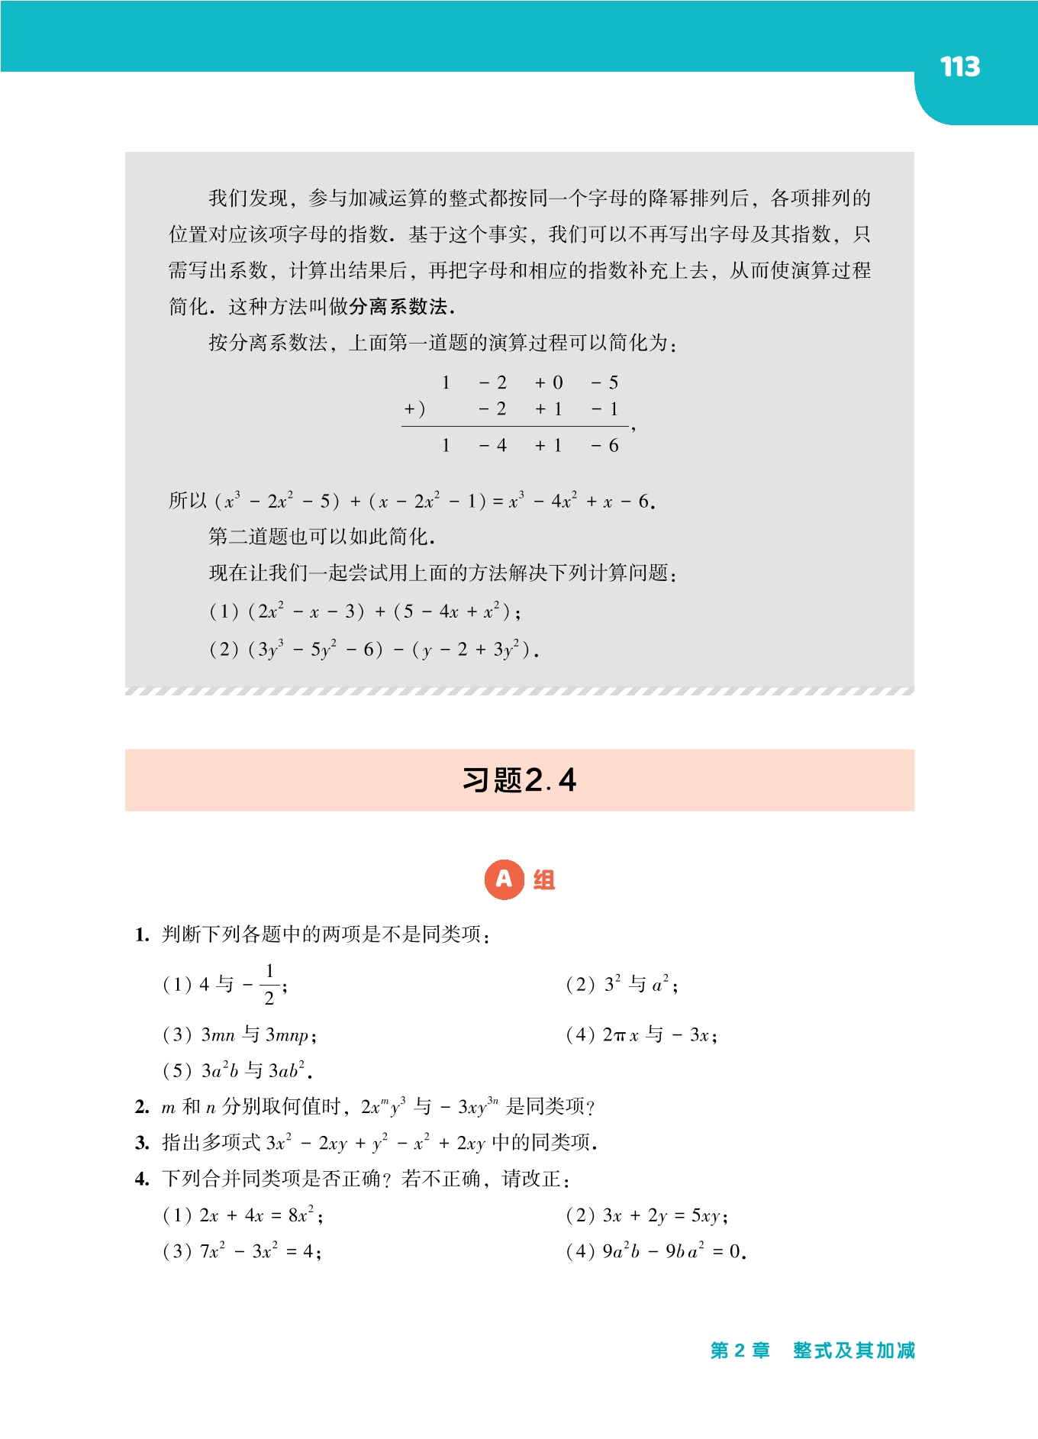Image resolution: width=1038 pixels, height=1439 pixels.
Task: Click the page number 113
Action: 959,67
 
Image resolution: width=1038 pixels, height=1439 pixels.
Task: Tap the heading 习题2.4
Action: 519,780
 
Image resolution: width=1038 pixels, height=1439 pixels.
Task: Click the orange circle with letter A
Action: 504,879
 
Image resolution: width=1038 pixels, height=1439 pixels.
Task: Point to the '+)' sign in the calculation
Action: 414,409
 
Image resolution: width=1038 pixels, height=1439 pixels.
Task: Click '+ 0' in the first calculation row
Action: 549,382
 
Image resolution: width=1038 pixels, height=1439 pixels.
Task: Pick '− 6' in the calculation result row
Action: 604,446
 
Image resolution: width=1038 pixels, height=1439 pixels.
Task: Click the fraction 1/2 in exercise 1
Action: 269,985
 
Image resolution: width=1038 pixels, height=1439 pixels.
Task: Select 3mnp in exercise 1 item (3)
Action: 288,1035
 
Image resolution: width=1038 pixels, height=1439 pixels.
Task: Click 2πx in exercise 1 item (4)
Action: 621,1035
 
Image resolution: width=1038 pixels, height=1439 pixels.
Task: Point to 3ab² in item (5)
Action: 288,1070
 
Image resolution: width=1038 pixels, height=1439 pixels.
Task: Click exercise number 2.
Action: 142,1107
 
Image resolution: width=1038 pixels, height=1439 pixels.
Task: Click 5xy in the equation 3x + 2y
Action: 708,1215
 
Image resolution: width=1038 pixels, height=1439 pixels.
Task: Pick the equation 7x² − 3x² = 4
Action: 259,1252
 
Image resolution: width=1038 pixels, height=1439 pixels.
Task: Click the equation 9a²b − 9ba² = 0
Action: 672,1252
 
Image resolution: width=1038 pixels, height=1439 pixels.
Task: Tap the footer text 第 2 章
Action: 740,1350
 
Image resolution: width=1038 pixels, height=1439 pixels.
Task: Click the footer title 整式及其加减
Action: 853,1350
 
